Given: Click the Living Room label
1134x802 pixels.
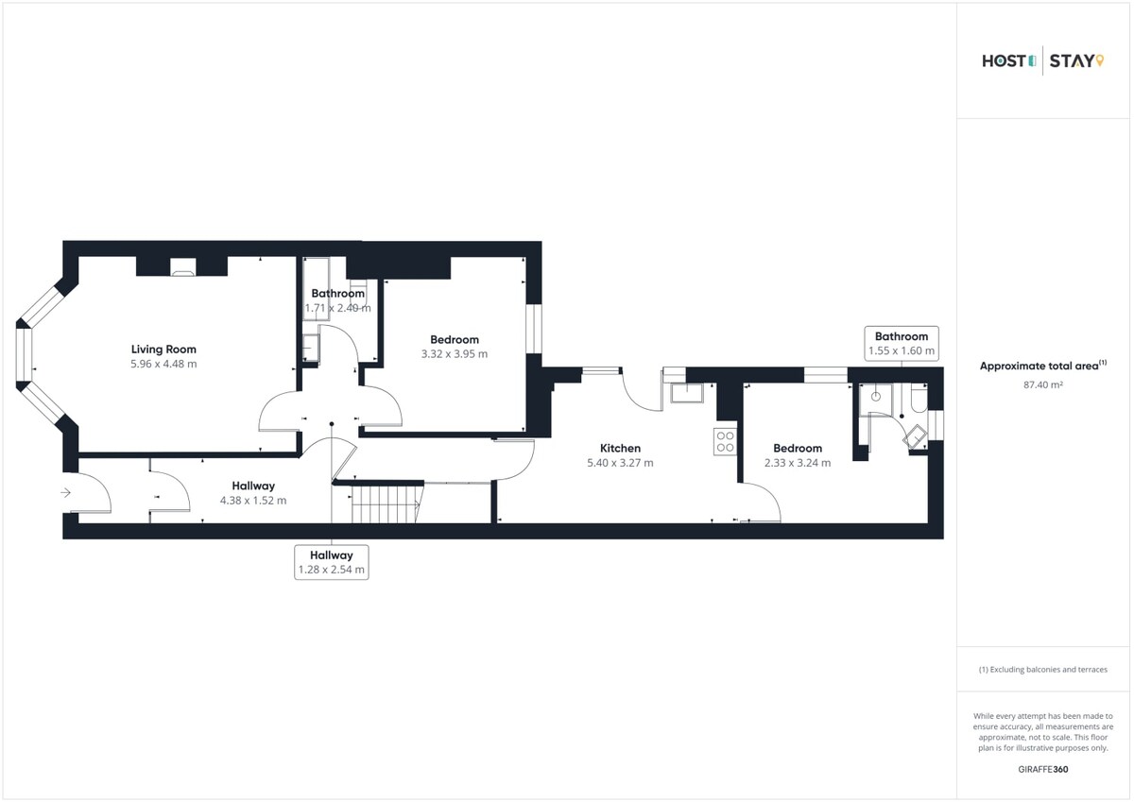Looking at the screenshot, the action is click(x=163, y=350).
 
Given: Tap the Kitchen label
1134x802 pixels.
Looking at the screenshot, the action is click(x=620, y=449).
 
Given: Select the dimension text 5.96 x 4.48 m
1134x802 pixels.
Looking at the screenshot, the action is click(x=163, y=364).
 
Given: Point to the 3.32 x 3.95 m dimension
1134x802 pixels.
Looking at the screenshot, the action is click(x=455, y=354).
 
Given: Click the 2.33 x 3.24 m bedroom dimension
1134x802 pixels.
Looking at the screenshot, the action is click(x=798, y=463).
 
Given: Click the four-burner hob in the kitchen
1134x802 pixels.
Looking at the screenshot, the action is click(x=726, y=441).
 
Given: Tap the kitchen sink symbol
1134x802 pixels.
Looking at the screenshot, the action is click(x=687, y=393).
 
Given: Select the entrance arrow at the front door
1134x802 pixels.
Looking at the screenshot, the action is click(x=66, y=492).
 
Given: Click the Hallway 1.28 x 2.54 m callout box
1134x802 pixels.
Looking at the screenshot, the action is click(x=332, y=562).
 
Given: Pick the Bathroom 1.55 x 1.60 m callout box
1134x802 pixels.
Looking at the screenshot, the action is click(x=902, y=344).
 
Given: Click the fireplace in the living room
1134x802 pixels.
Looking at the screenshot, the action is click(x=182, y=267).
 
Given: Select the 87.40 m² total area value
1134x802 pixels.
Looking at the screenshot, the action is click(x=1043, y=384).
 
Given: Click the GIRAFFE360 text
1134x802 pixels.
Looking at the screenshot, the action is click(x=1043, y=769).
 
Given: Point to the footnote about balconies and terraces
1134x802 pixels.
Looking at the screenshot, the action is click(x=1043, y=670).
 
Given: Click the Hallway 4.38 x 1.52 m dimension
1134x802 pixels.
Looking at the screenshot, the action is click(x=253, y=501).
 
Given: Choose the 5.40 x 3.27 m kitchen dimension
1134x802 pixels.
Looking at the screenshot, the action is click(x=620, y=463).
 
